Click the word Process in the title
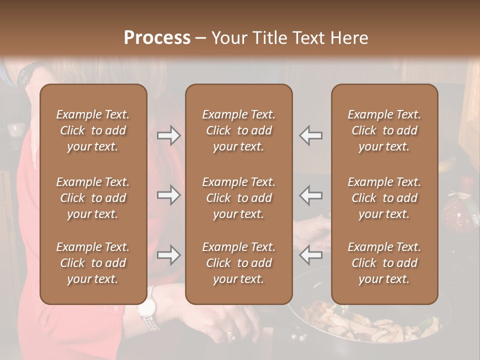tap(157, 38)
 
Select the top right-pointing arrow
tap(169, 135)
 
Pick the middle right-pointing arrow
tap(169, 195)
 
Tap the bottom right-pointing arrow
tap(169, 255)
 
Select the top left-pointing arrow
tap(311, 135)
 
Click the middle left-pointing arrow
tap(311, 195)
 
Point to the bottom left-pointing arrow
tap(311, 255)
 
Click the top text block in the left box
tap(93, 130)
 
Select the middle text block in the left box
tap(93, 198)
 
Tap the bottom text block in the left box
tap(93, 263)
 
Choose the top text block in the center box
tap(238, 130)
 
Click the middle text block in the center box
tap(238, 198)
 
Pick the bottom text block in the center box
tap(238, 263)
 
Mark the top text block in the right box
tap(384, 130)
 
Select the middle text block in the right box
tap(384, 198)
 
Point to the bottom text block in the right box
tap(384, 263)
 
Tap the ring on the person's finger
tap(230, 334)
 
